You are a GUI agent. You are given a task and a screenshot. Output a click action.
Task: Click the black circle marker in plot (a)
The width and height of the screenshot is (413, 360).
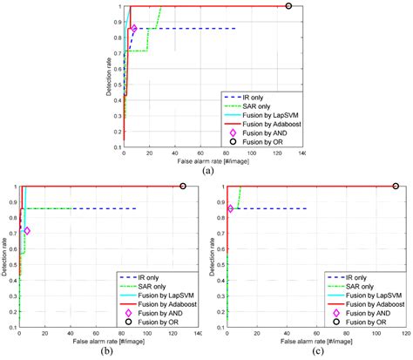coord(289,6)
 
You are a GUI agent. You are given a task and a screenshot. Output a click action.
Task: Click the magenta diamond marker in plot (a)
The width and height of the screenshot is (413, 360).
coord(134,29)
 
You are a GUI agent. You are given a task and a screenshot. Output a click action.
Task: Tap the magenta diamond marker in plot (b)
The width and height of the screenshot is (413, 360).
coord(27,231)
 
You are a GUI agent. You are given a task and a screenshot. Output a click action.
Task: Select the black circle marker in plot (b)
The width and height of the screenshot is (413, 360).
coord(183,186)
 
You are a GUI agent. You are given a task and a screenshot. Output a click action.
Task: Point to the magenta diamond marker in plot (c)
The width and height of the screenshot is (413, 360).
coord(231,208)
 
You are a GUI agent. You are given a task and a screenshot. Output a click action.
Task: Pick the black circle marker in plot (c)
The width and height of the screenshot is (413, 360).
coord(396,186)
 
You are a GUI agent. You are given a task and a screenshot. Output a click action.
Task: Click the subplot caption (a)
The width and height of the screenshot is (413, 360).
coord(207,172)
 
